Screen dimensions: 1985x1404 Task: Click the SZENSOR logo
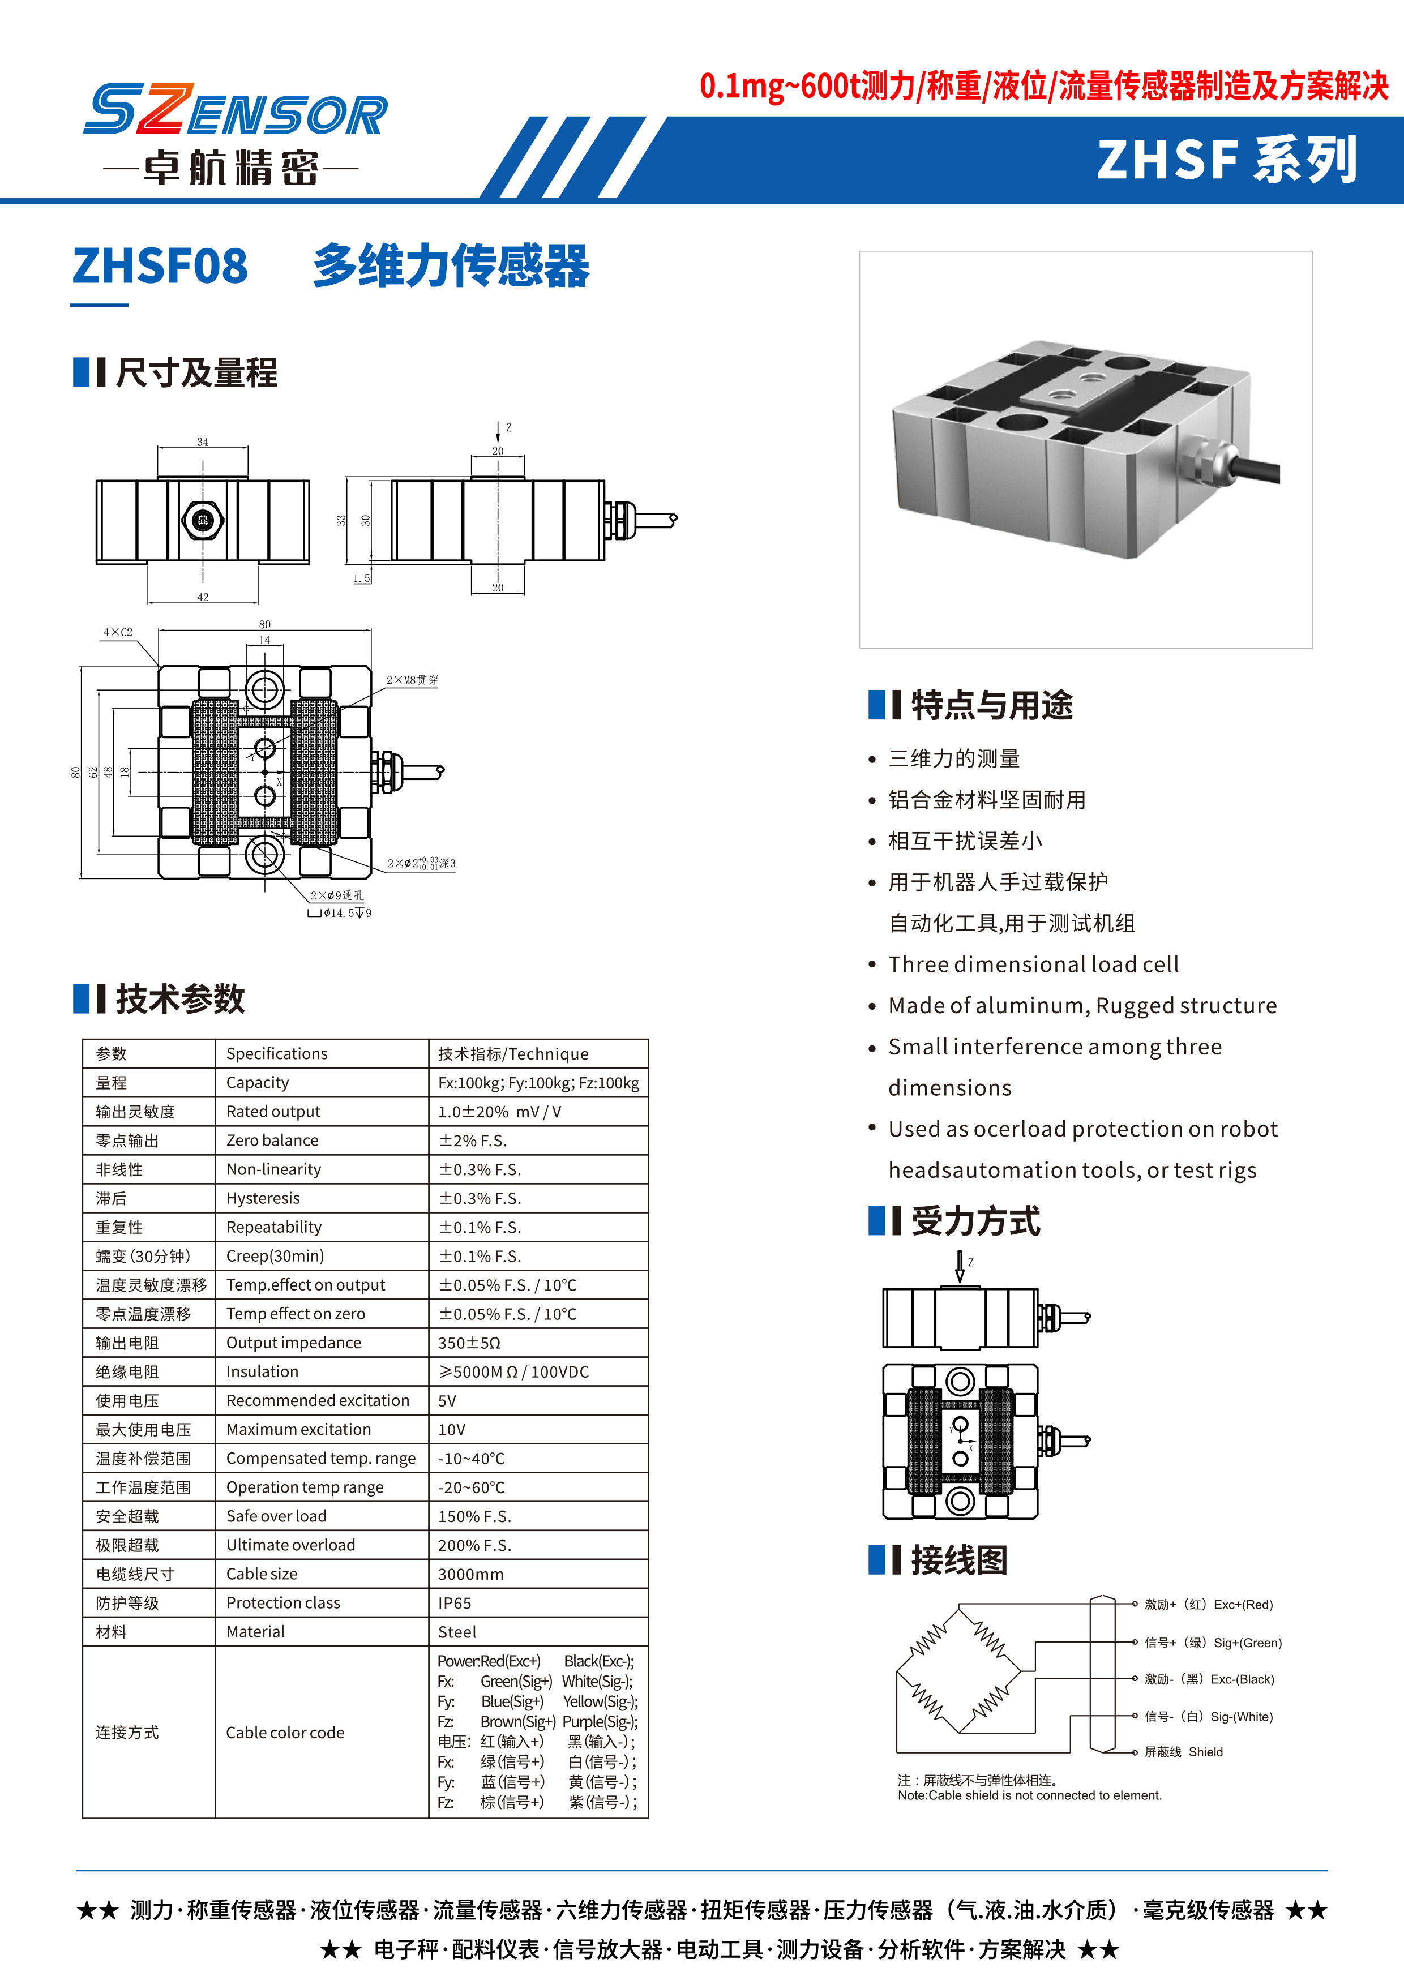(x=235, y=111)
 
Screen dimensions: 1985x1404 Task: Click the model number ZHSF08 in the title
(x=161, y=265)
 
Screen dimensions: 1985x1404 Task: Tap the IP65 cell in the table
(x=455, y=1603)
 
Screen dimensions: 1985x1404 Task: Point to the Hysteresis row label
(x=263, y=1198)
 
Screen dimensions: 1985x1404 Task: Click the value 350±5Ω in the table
(x=469, y=1343)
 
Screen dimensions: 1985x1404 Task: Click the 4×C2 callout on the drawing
(x=118, y=633)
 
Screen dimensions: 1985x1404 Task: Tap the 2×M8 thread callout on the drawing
(x=412, y=680)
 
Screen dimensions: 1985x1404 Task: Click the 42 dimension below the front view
(x=203, y=597)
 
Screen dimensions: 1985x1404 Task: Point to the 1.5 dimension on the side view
(x=361, y=578)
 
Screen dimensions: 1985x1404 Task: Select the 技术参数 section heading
(x=180, y=1000)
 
